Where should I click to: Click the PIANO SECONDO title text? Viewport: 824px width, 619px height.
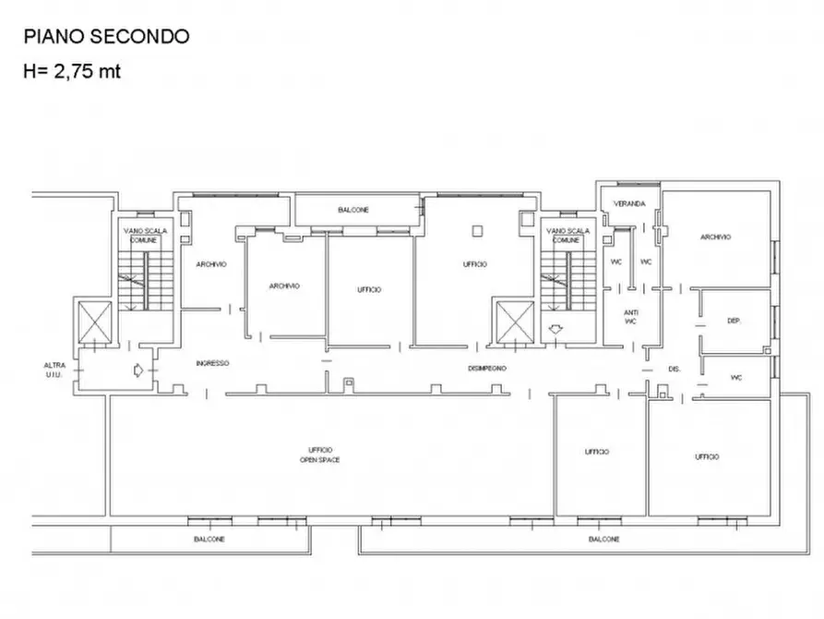106,37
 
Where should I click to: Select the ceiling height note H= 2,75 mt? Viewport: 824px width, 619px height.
72,71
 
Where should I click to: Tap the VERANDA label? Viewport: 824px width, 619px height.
629,203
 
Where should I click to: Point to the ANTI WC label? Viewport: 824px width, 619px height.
630,317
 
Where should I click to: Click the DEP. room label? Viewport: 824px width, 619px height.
734,321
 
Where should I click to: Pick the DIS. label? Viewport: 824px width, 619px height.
674,369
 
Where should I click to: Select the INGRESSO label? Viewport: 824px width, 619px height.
212,363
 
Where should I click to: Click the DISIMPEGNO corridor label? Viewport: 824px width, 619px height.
486,368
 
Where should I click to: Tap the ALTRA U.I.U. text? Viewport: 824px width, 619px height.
54,370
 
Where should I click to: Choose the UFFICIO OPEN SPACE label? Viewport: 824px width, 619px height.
320,454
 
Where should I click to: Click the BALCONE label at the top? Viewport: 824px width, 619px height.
353,210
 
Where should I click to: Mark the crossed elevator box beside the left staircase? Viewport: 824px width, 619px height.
95,322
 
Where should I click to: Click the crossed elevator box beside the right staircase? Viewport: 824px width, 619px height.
513,322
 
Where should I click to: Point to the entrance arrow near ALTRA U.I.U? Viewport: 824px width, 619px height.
137,371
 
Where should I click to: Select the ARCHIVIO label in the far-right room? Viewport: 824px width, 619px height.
715,237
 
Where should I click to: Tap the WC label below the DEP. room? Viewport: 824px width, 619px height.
736,377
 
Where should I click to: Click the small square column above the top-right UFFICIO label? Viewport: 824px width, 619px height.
477,229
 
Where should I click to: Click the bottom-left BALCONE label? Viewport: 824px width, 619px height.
209,539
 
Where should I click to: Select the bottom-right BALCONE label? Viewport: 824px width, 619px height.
604,539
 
